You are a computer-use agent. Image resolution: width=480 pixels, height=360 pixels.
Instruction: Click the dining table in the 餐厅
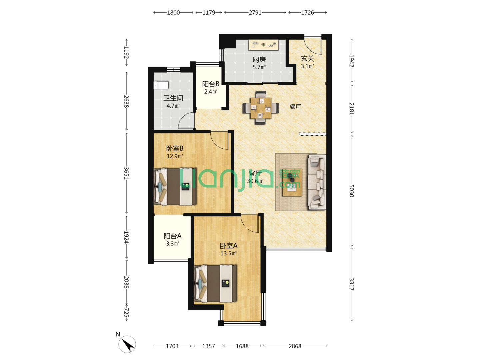click(261, 108)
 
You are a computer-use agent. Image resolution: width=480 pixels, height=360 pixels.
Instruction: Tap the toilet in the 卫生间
click(161, 85)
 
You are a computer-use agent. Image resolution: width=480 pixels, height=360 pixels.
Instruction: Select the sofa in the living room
click(317, 182)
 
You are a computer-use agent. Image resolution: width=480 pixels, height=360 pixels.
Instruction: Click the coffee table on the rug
click(292, 183)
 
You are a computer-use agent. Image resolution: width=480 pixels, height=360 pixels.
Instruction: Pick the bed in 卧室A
click(215, 283)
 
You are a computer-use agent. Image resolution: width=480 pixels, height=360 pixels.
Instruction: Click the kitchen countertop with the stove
click(263, 45)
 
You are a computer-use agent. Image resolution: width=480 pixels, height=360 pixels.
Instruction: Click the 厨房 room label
click(259, 59)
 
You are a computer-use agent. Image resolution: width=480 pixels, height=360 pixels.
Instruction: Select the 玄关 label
click(307, 59)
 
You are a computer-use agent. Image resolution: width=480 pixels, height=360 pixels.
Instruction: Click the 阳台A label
click(173, 236)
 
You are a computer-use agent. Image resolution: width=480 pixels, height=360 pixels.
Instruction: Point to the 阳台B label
click(211, 84)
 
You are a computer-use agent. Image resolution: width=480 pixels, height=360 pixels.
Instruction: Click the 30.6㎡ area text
click(255, 181)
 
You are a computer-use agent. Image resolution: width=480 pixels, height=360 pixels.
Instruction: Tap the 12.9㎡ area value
click(175, 156)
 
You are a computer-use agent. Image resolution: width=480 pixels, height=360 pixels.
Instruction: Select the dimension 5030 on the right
click(351, 191)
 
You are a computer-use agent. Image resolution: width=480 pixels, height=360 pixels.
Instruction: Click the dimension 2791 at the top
click(255, 13)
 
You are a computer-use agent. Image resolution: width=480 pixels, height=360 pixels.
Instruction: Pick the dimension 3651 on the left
click(126, 173)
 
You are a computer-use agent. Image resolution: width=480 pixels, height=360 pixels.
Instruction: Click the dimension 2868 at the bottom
click(295, 346)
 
